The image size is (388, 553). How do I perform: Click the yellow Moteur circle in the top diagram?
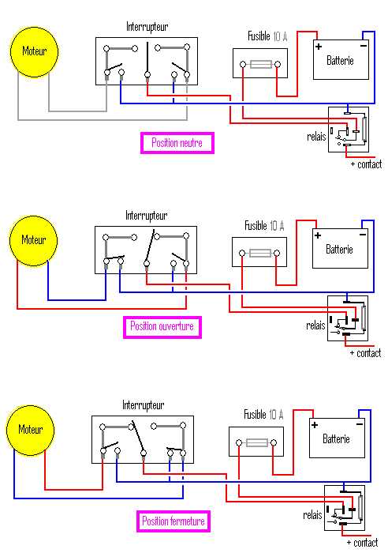(34, 51)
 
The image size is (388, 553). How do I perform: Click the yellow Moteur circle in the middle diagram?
(33, 240)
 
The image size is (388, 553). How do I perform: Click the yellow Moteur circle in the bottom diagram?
(30, 430)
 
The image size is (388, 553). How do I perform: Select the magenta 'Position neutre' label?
(177, 143)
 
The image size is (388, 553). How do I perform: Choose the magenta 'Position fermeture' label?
(173, 521)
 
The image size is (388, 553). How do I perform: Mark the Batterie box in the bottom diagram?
(337, 438)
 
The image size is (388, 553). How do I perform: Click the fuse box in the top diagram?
(259, 63)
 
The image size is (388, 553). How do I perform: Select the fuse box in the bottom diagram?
(256, 442)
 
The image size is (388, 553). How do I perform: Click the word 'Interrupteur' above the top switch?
(147, 27)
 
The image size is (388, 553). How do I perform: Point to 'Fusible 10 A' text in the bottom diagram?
(263, 414)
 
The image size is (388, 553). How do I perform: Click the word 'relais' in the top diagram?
(316, 137)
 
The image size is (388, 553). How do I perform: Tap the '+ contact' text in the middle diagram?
(365, 353)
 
